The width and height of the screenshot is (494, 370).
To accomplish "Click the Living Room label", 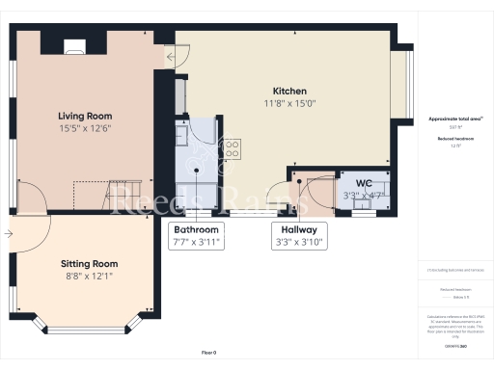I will [85, 115].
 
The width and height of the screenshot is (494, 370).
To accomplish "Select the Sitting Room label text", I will [89, 263].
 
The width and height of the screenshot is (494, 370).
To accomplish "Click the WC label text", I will [364, 182].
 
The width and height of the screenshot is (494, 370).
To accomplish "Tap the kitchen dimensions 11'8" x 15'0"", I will [289, 103].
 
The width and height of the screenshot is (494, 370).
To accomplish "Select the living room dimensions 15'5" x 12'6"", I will [85, 128].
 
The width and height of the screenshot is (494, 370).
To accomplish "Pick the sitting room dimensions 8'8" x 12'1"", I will [89, 277].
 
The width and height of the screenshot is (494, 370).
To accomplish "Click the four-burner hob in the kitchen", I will [232, 149].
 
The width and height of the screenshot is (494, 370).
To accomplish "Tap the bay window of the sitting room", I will [89, 328].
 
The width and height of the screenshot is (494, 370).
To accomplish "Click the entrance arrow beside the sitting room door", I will [9, 232].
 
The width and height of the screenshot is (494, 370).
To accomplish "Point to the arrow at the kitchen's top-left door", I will [170, 57].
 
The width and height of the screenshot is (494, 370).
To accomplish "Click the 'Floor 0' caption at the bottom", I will [209, 353].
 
